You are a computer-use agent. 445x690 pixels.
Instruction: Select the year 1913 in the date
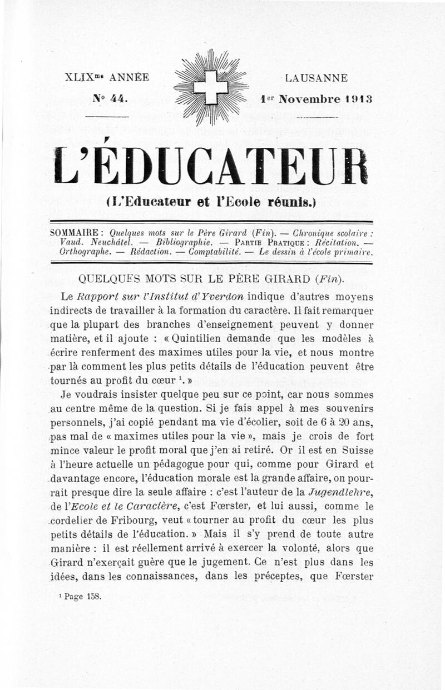(x=358, y=100)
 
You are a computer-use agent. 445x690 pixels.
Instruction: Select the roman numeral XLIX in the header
(x=78, y=78)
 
